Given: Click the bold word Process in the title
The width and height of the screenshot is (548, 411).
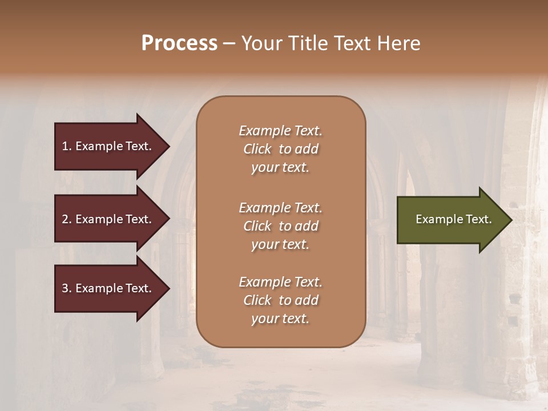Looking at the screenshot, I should click(x=179, y=43).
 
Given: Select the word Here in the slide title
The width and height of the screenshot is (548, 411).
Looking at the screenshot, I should click(x=398, y=43).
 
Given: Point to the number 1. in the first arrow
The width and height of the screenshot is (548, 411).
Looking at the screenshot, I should click(x=67, y=146).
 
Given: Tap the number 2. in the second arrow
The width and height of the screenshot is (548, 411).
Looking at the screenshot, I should click(x=67, y=219).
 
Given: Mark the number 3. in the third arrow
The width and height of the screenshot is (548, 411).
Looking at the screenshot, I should click(x=67, y=288).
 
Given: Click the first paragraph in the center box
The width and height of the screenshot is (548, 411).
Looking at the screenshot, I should click(x=280, y=149).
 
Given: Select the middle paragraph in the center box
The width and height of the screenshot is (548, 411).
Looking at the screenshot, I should click(x=280, y=226).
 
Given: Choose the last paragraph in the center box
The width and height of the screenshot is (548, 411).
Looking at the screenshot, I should click(x=280, y=300).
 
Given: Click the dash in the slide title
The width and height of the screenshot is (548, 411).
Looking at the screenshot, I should click(x=229, y=43).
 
